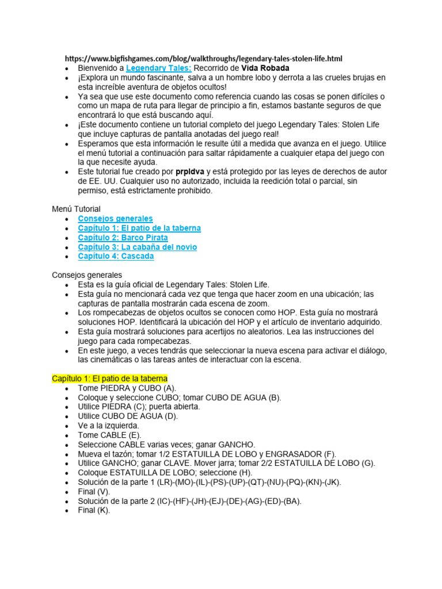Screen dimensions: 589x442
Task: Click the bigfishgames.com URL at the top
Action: coord(203,59)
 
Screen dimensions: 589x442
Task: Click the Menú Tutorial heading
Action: coord(76,209)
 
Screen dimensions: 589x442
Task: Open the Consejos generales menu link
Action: coord(115,219)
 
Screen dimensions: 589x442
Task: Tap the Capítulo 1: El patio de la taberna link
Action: coord(139,228)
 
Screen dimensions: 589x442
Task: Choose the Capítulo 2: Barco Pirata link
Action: coord(123,238)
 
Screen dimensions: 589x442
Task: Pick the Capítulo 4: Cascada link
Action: coord(116,256)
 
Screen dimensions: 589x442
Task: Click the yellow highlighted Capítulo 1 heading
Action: coord(109,378)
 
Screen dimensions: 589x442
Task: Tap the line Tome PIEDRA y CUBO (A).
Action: coord(127,388)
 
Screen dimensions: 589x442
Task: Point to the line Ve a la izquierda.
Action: coord(108,426)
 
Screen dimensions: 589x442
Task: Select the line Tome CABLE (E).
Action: coord(109,435)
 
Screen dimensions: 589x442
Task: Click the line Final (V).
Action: coord(94,491)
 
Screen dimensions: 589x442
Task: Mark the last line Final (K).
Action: coord(94,510)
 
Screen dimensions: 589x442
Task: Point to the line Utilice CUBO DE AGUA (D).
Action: coord(128,416)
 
